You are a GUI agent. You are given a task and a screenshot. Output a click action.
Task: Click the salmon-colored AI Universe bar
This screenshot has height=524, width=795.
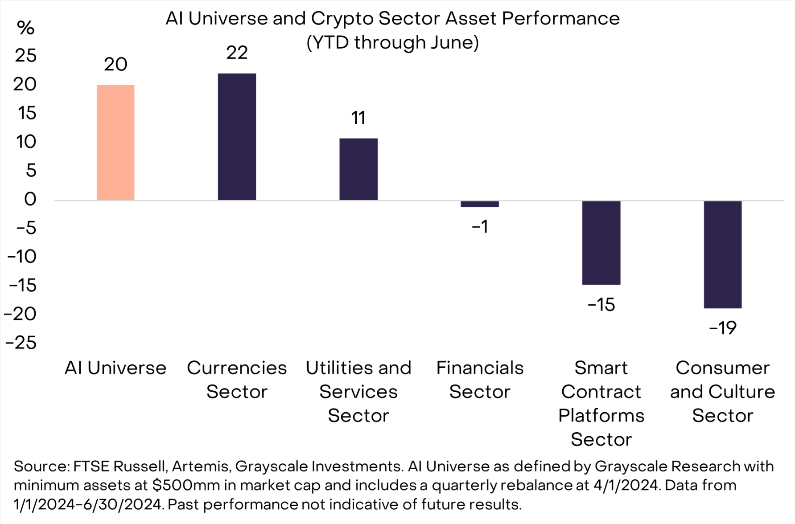[x=115, y=143]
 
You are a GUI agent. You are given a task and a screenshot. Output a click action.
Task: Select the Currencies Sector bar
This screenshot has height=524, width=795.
[x=237, y=137]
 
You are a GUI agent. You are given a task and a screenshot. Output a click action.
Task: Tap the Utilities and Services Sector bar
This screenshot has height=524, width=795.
[x=358, y=169]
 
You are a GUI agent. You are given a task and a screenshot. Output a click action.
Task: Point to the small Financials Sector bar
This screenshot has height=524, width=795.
[x=480, y=204]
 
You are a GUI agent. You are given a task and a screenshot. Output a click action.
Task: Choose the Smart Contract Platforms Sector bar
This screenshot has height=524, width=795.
[x=601, y=242]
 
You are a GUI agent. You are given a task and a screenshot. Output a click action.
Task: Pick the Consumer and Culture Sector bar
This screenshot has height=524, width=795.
[x=722, y=254]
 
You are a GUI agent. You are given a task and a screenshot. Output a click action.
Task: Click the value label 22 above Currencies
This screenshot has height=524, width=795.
[x=237, y=53]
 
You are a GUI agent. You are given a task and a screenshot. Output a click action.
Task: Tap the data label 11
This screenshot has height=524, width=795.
[x=358, y=118]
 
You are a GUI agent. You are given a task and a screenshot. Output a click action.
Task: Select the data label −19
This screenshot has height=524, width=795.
[x=722, y=328]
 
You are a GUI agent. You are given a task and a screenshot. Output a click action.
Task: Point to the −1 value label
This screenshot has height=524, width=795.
[x=480, y=227]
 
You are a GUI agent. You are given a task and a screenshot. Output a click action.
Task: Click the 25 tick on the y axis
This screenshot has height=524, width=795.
[x=26, y=56]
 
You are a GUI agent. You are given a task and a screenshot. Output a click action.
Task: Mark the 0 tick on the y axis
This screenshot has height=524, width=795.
[x=30, y=199]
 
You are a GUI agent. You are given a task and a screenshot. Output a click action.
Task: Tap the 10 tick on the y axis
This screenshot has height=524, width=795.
[x=26, y=142]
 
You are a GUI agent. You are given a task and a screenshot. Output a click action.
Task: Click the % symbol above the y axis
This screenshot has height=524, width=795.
[x=25, y=28]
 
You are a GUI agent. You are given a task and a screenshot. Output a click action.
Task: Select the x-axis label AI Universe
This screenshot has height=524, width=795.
[x=115, y=368]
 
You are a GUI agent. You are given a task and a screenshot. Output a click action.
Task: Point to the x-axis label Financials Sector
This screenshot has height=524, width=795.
[x=480, y=380]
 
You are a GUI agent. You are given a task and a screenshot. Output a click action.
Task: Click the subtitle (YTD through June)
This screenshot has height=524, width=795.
[x=392, y=43]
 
